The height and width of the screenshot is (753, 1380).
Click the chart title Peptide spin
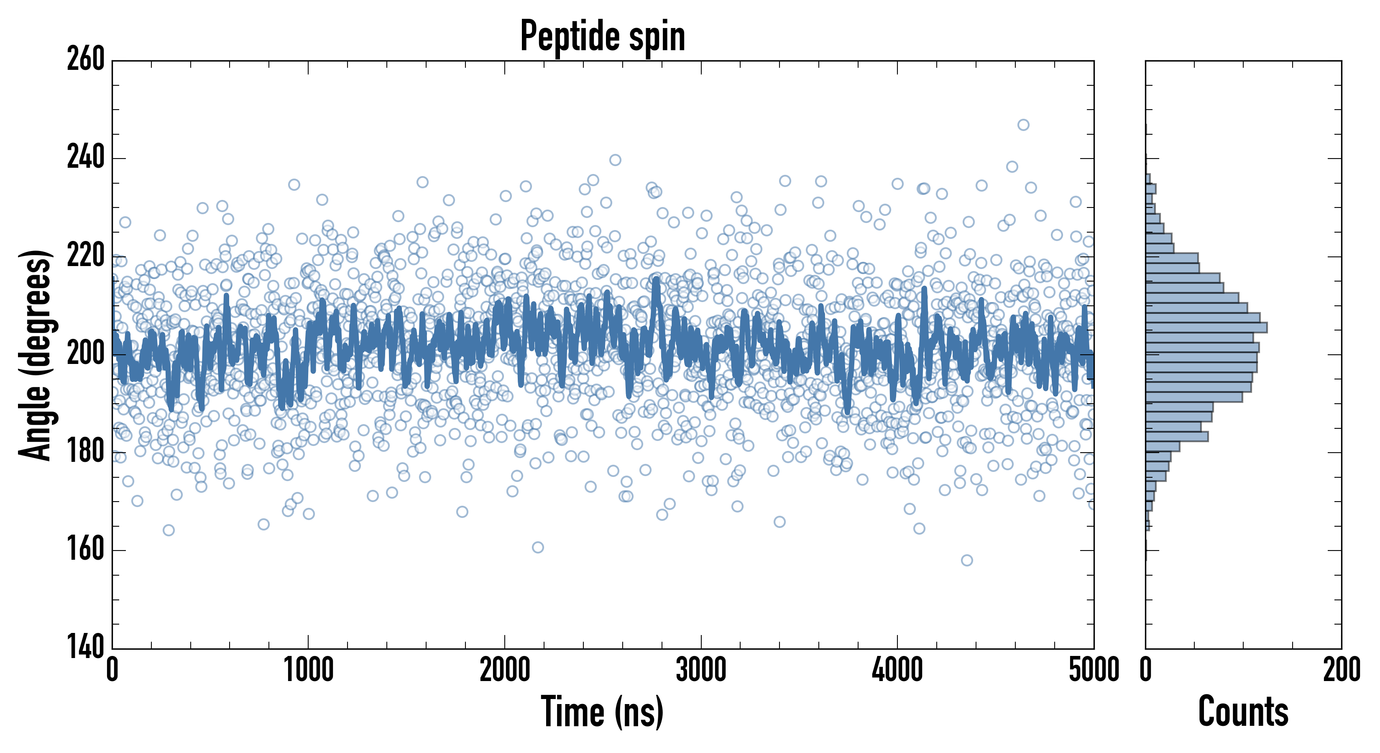(603, 36)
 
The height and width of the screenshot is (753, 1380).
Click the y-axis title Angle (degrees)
(36, 354)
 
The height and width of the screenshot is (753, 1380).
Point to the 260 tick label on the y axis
(85, 59)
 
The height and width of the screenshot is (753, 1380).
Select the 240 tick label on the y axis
(85, 158)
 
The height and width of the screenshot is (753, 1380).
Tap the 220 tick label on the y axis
(85, 256)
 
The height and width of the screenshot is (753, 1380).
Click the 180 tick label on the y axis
(85, 452)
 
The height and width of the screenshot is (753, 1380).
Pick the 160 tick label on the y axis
(85, 550)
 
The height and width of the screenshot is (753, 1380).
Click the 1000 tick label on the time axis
(308, 670)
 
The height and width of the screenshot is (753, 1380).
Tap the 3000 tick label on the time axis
(701, 670)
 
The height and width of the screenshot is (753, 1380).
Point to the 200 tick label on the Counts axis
(1341, 670)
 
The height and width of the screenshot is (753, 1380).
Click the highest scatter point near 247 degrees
(1023, 125)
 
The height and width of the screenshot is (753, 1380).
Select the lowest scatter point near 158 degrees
(967, 561)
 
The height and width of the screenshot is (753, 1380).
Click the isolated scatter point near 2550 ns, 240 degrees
(615, 160)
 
